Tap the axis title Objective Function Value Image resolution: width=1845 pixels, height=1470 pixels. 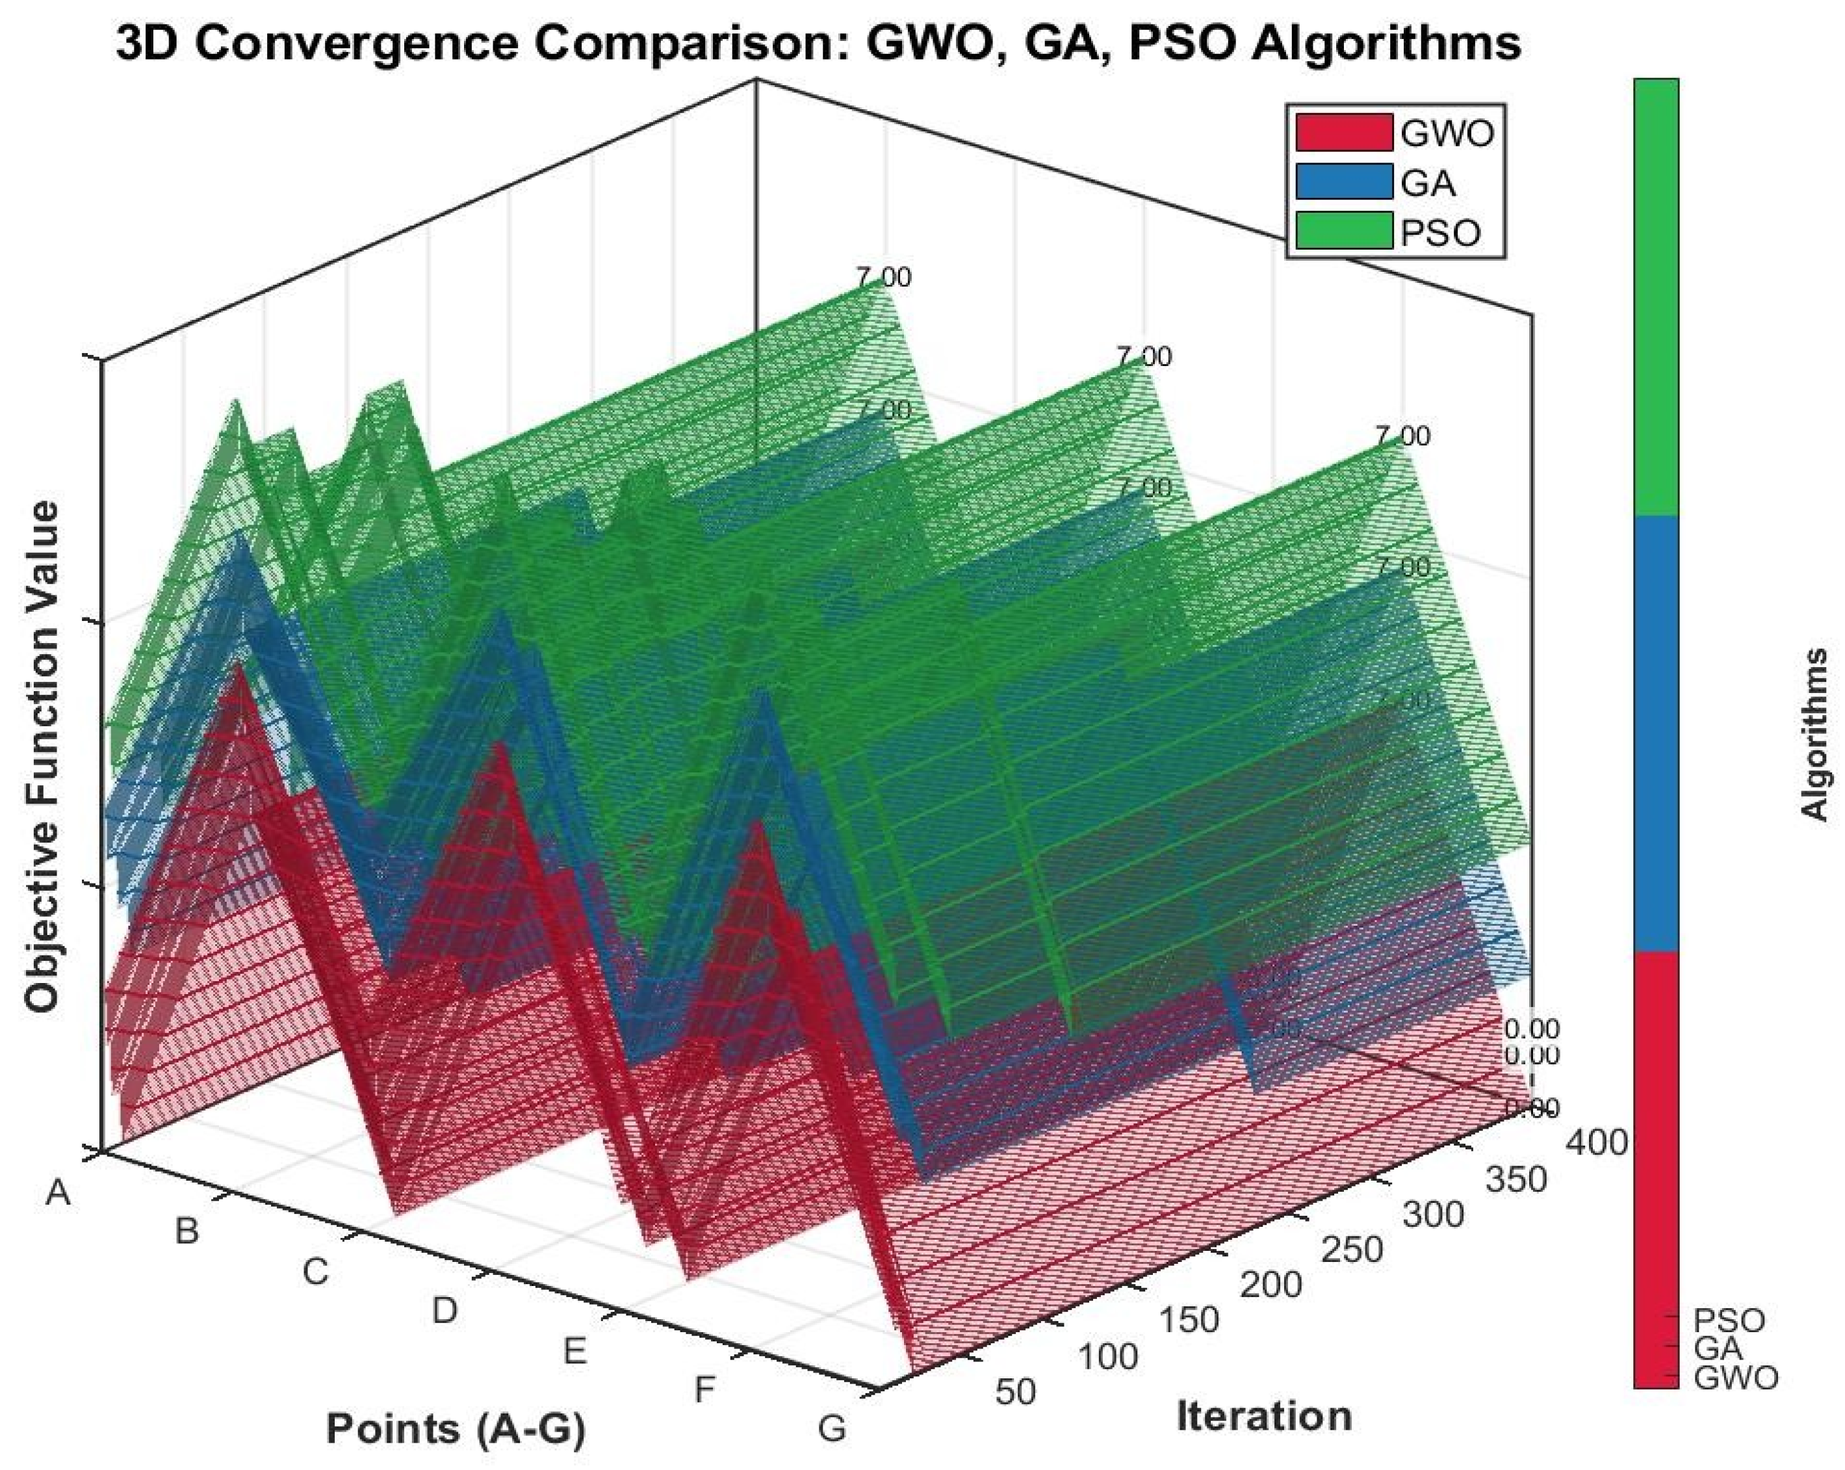click(x=42, y=757)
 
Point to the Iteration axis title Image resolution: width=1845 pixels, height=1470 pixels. click(x=1264, y=1416)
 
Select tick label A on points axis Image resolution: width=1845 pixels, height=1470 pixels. click(x=57, y=1192)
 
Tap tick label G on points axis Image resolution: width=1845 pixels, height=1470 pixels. click(x=832, y=1428)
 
